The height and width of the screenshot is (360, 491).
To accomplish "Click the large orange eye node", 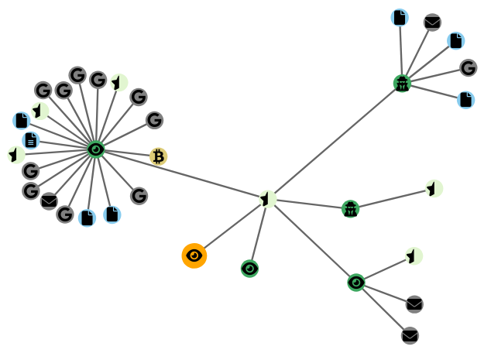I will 194,255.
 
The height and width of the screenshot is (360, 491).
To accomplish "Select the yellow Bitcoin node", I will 159,156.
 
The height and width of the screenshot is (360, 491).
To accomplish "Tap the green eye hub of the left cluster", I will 96,149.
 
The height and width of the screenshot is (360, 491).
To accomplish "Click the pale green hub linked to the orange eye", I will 267,199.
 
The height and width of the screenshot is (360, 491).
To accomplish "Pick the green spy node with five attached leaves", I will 402,84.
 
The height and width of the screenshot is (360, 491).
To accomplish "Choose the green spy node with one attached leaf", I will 351,208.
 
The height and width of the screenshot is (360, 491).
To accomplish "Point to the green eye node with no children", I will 249,269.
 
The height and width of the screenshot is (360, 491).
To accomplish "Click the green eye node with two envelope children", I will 356,283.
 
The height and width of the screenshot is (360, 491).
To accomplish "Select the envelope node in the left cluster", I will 49,201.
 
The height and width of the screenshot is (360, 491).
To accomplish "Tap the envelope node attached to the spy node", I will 432,22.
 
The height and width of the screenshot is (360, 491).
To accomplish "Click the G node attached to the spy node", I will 468,68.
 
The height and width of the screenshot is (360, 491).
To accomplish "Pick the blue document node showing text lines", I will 30,140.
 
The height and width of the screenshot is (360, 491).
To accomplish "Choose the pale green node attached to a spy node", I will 434,188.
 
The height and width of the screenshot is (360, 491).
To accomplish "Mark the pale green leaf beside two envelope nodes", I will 414,256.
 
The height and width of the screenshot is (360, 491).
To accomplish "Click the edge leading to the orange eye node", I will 231,227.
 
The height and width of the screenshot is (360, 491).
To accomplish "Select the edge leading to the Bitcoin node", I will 128,153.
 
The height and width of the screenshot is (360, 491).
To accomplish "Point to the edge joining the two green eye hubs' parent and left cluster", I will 182,174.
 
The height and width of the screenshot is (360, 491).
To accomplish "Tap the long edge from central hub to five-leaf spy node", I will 335,141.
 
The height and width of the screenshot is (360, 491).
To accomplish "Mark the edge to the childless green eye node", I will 258,234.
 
